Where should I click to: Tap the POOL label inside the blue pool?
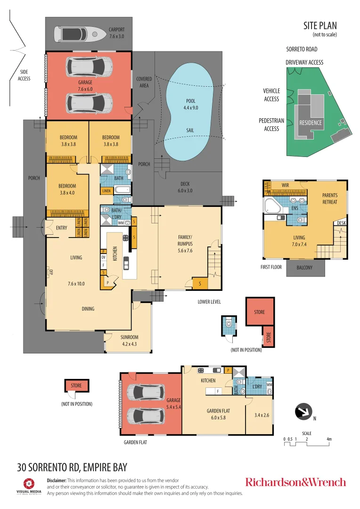pos(190,104)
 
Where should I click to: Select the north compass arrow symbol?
pos(304,411)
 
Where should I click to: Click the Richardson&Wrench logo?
pos(295,482)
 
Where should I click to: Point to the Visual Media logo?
pos(29,486)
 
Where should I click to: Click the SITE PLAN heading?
pos(320,26)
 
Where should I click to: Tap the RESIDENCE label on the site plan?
pos(311,123)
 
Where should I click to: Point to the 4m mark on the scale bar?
pos(329,439)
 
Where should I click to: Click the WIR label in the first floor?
pos(285,185)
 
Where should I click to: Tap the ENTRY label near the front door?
pos(61,228)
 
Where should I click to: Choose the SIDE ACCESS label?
pos(24,75)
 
